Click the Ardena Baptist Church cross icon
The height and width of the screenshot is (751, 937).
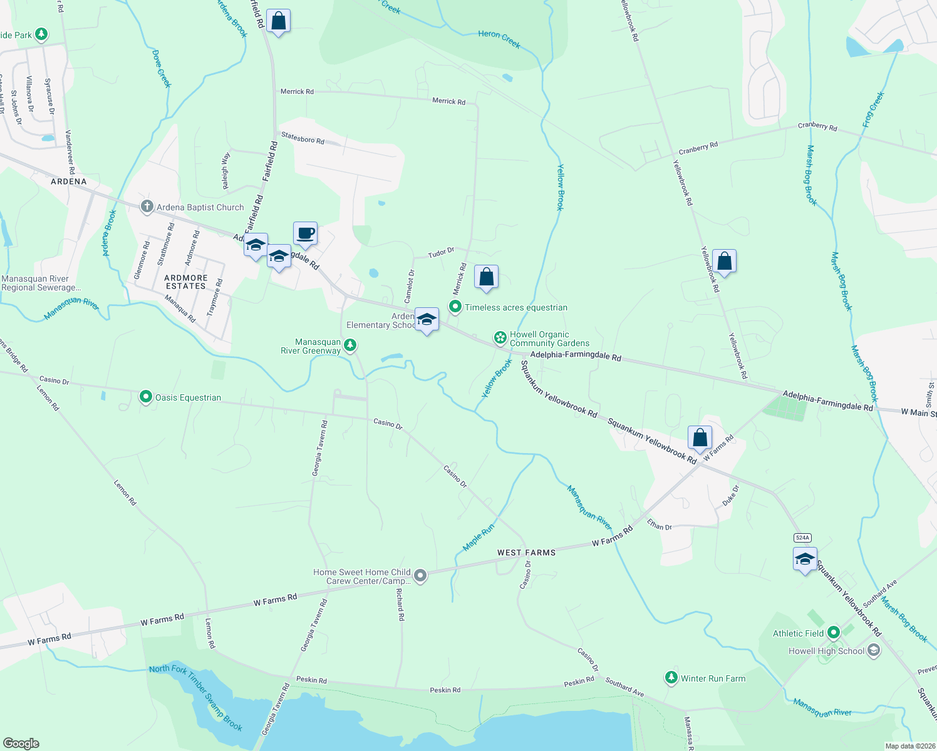coord(147,207)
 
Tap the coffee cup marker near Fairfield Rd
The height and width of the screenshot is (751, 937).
coord(305,234)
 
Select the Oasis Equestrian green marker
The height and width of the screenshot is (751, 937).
coord(146,397)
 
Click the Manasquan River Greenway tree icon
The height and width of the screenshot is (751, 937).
coord(350,345)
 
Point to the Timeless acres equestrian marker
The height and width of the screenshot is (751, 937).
coord(455,307)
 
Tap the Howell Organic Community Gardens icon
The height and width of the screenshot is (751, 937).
coord(500,338)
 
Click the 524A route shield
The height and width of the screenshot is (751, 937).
coord(802,538)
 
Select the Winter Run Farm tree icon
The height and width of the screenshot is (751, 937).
coord(671,678)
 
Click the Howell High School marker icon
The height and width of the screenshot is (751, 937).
coord(873,651)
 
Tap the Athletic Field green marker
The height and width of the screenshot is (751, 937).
coord(833,633)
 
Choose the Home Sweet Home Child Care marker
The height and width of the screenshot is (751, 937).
coord(420,575)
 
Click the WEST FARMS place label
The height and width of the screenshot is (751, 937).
coord(526,553)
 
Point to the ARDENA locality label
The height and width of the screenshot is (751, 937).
coord(69,181)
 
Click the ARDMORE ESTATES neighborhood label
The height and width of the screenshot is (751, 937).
coord(185,282)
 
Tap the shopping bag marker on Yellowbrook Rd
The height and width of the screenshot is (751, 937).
coord(724,261)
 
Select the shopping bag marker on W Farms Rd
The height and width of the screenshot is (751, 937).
coord(700,437)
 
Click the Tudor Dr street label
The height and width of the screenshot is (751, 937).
coord(441,252)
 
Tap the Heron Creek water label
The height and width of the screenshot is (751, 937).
coord(499,39)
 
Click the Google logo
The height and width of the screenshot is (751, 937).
coord(21,743)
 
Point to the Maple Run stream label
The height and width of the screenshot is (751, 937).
coord(479,538)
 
